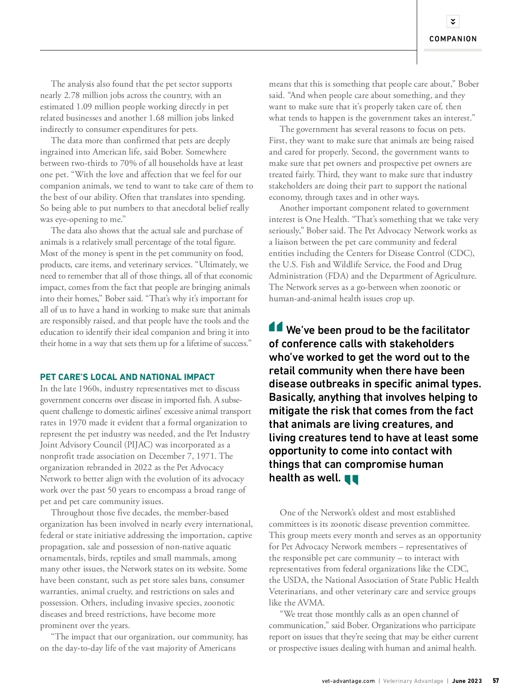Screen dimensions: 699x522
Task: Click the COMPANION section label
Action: [453, 39]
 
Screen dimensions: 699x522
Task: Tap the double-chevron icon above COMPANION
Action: [453, 21]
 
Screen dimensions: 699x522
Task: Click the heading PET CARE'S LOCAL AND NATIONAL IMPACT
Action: [127, 377]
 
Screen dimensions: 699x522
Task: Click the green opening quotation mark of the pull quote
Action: [276, 326]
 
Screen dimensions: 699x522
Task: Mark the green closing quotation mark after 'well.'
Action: [351, 480]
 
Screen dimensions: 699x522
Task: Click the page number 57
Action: [496, 681]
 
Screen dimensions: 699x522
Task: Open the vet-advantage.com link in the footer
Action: [348, 681]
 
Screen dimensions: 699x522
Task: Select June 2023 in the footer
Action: [467, 681]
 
